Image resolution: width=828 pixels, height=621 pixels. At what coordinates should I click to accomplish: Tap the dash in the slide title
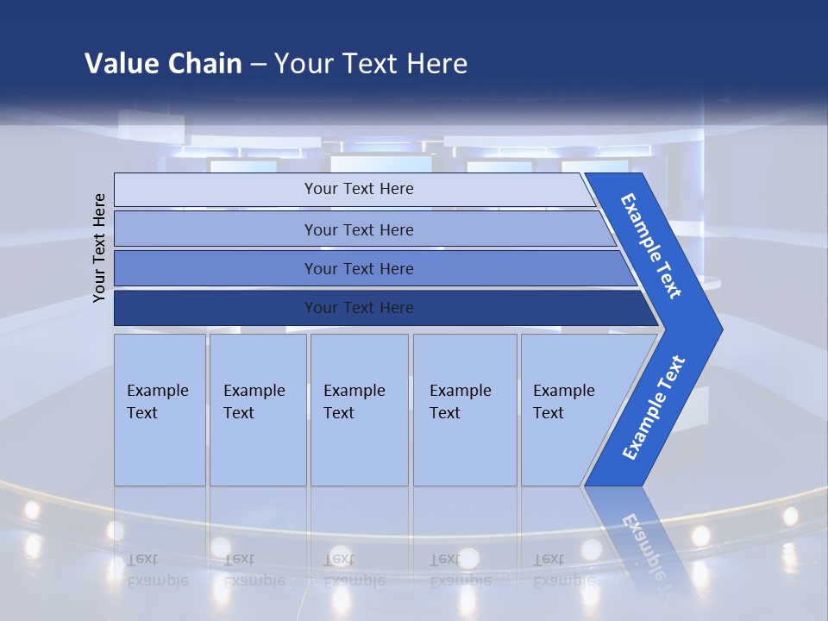[x=258, y=65]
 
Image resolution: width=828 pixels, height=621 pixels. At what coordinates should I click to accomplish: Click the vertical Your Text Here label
[x=99, y=248]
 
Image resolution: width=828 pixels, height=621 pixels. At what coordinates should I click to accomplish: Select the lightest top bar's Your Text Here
[x=359, y=189]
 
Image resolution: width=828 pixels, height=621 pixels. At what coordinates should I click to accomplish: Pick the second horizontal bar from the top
[x=359, y=229]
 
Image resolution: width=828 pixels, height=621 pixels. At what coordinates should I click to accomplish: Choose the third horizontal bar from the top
[x=359, y=269]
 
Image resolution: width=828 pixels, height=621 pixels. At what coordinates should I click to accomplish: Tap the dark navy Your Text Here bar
[x=359, y=308]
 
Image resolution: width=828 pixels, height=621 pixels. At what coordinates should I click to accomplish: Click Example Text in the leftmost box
[x=158, y=402]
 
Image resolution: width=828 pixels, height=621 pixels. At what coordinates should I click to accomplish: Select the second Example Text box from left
[x=254, y=402]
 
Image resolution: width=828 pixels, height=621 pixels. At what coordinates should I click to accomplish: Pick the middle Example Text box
[x=354, y=402]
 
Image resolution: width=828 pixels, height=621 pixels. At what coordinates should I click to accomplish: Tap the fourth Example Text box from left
[x=461, y=402]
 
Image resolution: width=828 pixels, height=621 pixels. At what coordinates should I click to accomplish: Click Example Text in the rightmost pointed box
[x=564, y=402]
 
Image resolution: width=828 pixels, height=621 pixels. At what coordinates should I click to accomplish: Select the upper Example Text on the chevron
[x=651, y=246]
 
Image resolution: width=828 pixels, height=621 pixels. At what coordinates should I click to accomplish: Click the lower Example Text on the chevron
[x=654, y=408]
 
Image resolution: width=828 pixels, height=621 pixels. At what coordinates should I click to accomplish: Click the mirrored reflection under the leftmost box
[x=158, y=569]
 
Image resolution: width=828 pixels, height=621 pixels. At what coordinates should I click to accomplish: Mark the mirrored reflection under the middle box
[x=354, y=569]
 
